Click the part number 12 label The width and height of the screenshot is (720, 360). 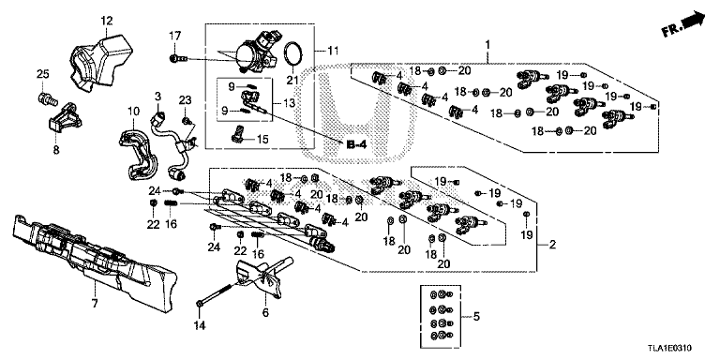pyautogui.click(x=106, y=20)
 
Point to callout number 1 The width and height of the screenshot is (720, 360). pyautogui.click(x=487, y=44)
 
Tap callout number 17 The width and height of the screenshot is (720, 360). pyautogui.click(x=173, y=36)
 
